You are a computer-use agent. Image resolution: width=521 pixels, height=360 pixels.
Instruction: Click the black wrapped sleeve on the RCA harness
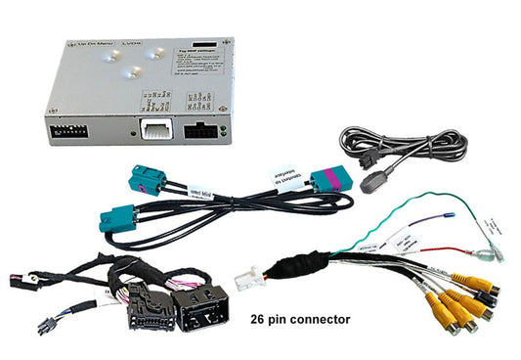pos(298,265)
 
